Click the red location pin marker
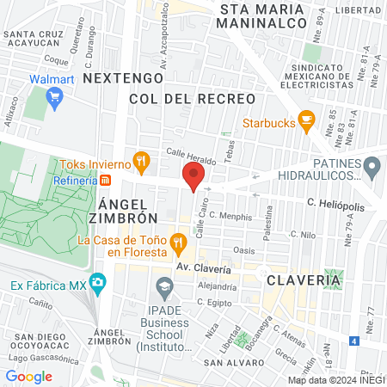coord(193,178)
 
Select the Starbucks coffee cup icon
coord(305,121)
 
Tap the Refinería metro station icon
coord(106,181)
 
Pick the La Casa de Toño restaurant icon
coord(178,242)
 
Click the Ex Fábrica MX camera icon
coord(98,282)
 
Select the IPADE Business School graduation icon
coord(163,286)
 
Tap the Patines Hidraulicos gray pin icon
coord(372,167)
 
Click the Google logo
coord(28,376)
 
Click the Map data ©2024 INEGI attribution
coord(335,379)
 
